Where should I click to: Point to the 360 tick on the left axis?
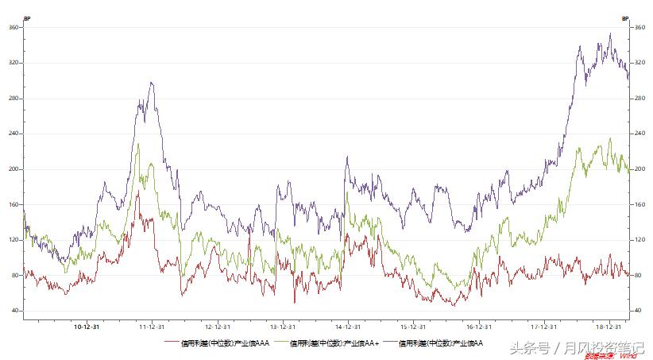tap(14, 27)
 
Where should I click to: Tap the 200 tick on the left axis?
tap(14, 169)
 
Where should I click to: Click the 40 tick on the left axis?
tap(15, 311)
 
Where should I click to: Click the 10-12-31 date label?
tap(87, 326)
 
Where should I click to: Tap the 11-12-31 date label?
tap(152, 326)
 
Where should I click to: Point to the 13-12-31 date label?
tap(282, 326)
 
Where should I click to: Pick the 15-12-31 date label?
tap(412, 326)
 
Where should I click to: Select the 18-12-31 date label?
tap(609, 326)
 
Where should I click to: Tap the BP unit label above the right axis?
tap(625, 17)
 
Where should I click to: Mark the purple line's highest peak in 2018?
tap(610, 33)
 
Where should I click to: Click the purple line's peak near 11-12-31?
tap(150, 82)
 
